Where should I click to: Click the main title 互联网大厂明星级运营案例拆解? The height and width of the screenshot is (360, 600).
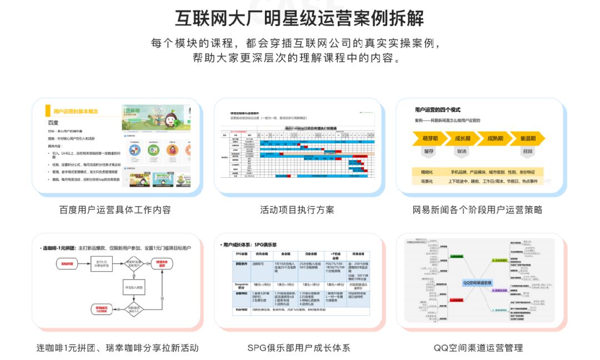pyautogui.click(x=299, y=18)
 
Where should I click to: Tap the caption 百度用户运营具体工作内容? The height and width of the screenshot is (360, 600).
pyautogui.click(x=115, y=210)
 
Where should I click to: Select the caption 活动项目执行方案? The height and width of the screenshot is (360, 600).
pyautogui.click(x=297, y=210)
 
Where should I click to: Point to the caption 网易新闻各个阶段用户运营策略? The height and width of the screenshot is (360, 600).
pyautogui.click(x=477, y=210)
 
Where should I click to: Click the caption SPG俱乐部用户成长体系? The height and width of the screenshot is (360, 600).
pyautogui.click(x=299, y=348)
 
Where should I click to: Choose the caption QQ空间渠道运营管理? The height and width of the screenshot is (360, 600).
pyautogui.click(x=478, y=348)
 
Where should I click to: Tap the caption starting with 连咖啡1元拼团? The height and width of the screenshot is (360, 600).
pyautogui.click(x=117, y=348)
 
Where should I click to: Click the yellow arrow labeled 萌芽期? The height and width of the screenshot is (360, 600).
pyautogui.click(x=429, y=138)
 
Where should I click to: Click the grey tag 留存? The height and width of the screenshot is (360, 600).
pyautogui.click(x=429, y=151)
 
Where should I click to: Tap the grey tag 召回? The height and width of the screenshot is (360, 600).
pyautogui.click(x=527, y=151)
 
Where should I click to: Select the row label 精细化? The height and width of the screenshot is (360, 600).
pyautogui.click(x=427, y=172)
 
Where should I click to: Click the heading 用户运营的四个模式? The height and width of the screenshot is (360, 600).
pyautogui.click(x=437, y=109)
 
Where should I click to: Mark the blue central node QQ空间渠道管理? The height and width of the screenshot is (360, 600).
pyautogui.click(x=477, y=283)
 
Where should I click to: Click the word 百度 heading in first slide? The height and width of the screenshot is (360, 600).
pyautogui.click(x=53, y=123)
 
